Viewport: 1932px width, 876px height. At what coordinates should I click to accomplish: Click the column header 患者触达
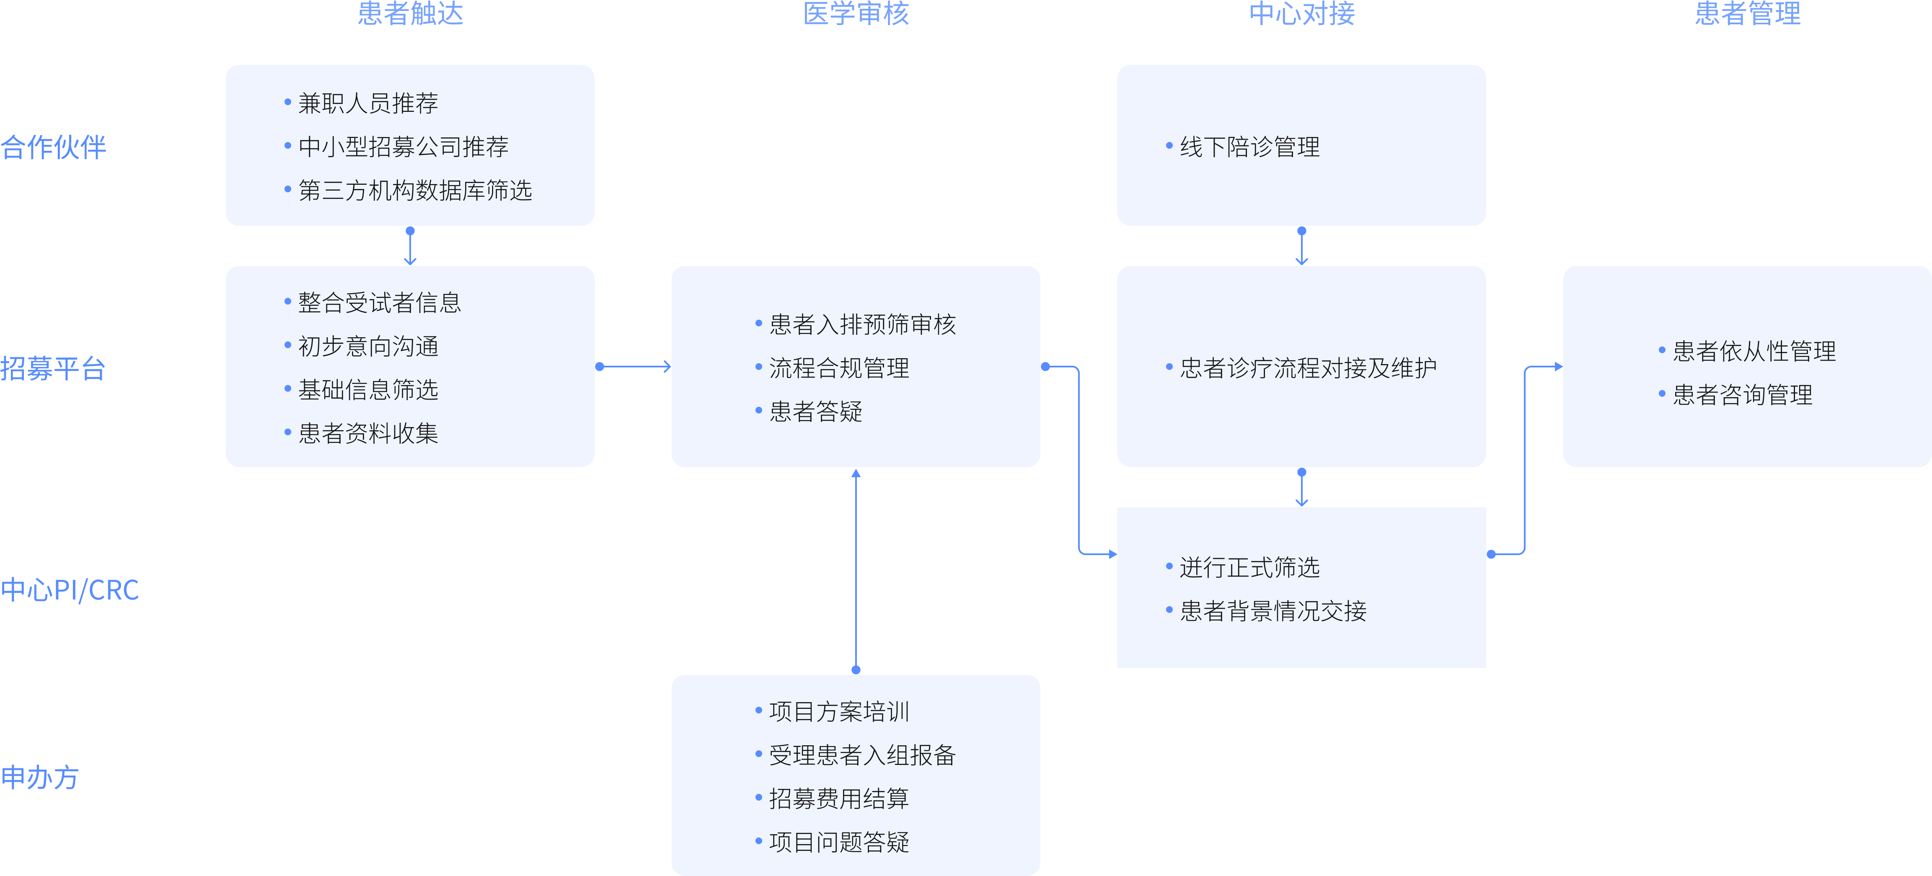click(410, 13)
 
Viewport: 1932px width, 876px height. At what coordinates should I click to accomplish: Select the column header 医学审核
click(856, 13)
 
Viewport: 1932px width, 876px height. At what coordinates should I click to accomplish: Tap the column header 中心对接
click(1301, 13)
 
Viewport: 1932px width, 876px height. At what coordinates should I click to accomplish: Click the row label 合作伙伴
click(53, 147)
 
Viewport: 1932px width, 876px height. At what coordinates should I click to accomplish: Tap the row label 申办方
click(40, 778)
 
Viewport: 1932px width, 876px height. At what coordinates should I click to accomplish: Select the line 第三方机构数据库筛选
click(415, 191)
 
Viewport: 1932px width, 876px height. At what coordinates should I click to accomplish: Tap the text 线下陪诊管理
click(1249, 147)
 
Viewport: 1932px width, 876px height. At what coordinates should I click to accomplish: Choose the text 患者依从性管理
click(1754, 351)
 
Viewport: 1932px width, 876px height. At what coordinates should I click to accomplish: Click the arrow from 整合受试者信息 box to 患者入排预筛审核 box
click(634, 367)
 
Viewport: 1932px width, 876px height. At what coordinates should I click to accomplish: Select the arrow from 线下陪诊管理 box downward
click(1301, 246)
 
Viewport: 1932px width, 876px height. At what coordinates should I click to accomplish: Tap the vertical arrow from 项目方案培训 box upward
click(856, 570)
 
